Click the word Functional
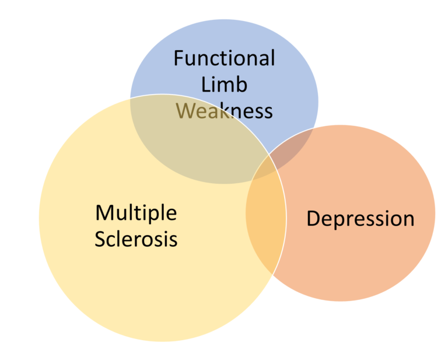click(x=224, y=58)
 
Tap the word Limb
click(x=224, y=84)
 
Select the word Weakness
click(x=224, y=110)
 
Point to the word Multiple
click(x=136, y=214)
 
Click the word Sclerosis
click(x=136, y=239)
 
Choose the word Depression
click(x=360, y=219)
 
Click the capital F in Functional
click(x=179, y=58)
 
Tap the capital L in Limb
click(x=205, y=84)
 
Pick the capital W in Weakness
click(x=186, y=110)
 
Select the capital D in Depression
click(x=314, y=218)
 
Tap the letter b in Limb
click(x=242, y=84)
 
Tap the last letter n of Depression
click(x=408, y=220)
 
